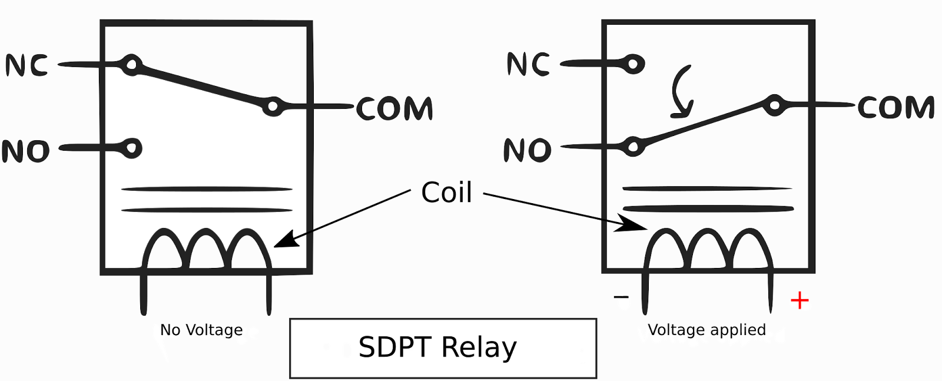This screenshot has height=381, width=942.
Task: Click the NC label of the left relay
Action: click(x=26, y=65)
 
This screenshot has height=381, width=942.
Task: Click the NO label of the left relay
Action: click(x=26, y=151)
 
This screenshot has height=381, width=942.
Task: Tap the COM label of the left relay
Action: click(x=394, y=109)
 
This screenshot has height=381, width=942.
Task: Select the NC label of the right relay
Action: click(x=528, y=64)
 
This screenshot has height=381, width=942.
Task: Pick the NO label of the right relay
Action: click(x=528, y=151)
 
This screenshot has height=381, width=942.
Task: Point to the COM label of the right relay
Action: click(x=895, y=108)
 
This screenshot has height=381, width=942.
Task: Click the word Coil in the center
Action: click(x=446, y=193)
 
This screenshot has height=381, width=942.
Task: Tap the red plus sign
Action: click(x=799, y=301)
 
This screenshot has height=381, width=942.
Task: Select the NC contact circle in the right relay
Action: click(x=633, y=64)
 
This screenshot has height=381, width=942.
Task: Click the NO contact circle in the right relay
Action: click(x=633, y=146)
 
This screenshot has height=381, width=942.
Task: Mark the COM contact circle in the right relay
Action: click(x=775, y=105)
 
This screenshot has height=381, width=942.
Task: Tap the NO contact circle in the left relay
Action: click(x=132, y=148)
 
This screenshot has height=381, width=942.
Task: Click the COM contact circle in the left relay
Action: click(x=273, y=107)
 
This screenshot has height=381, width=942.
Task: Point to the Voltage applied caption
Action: click(x=707, y=331)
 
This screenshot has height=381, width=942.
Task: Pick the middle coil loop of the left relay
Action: click(x=207, y=250)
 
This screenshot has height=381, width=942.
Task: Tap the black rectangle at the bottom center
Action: click(x=443, y=349)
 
